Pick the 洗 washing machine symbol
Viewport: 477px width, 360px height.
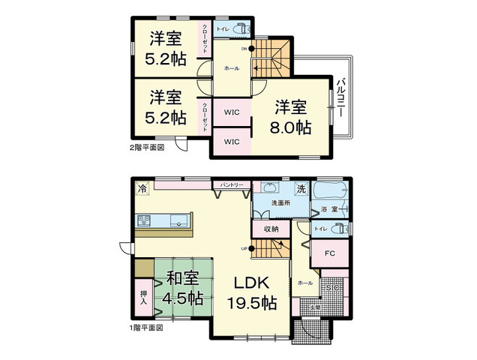pyautogui.click(x=300, y=188)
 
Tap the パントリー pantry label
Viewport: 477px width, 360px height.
pyautogui.click(x=231, y=184)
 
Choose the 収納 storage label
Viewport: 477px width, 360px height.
pyautogui.click(x=270, y=228)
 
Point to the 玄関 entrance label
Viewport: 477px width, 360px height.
pyautogui.click(x=316, y=307)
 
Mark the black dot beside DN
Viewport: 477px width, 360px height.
pyautogui.click(x=252, y=49)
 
